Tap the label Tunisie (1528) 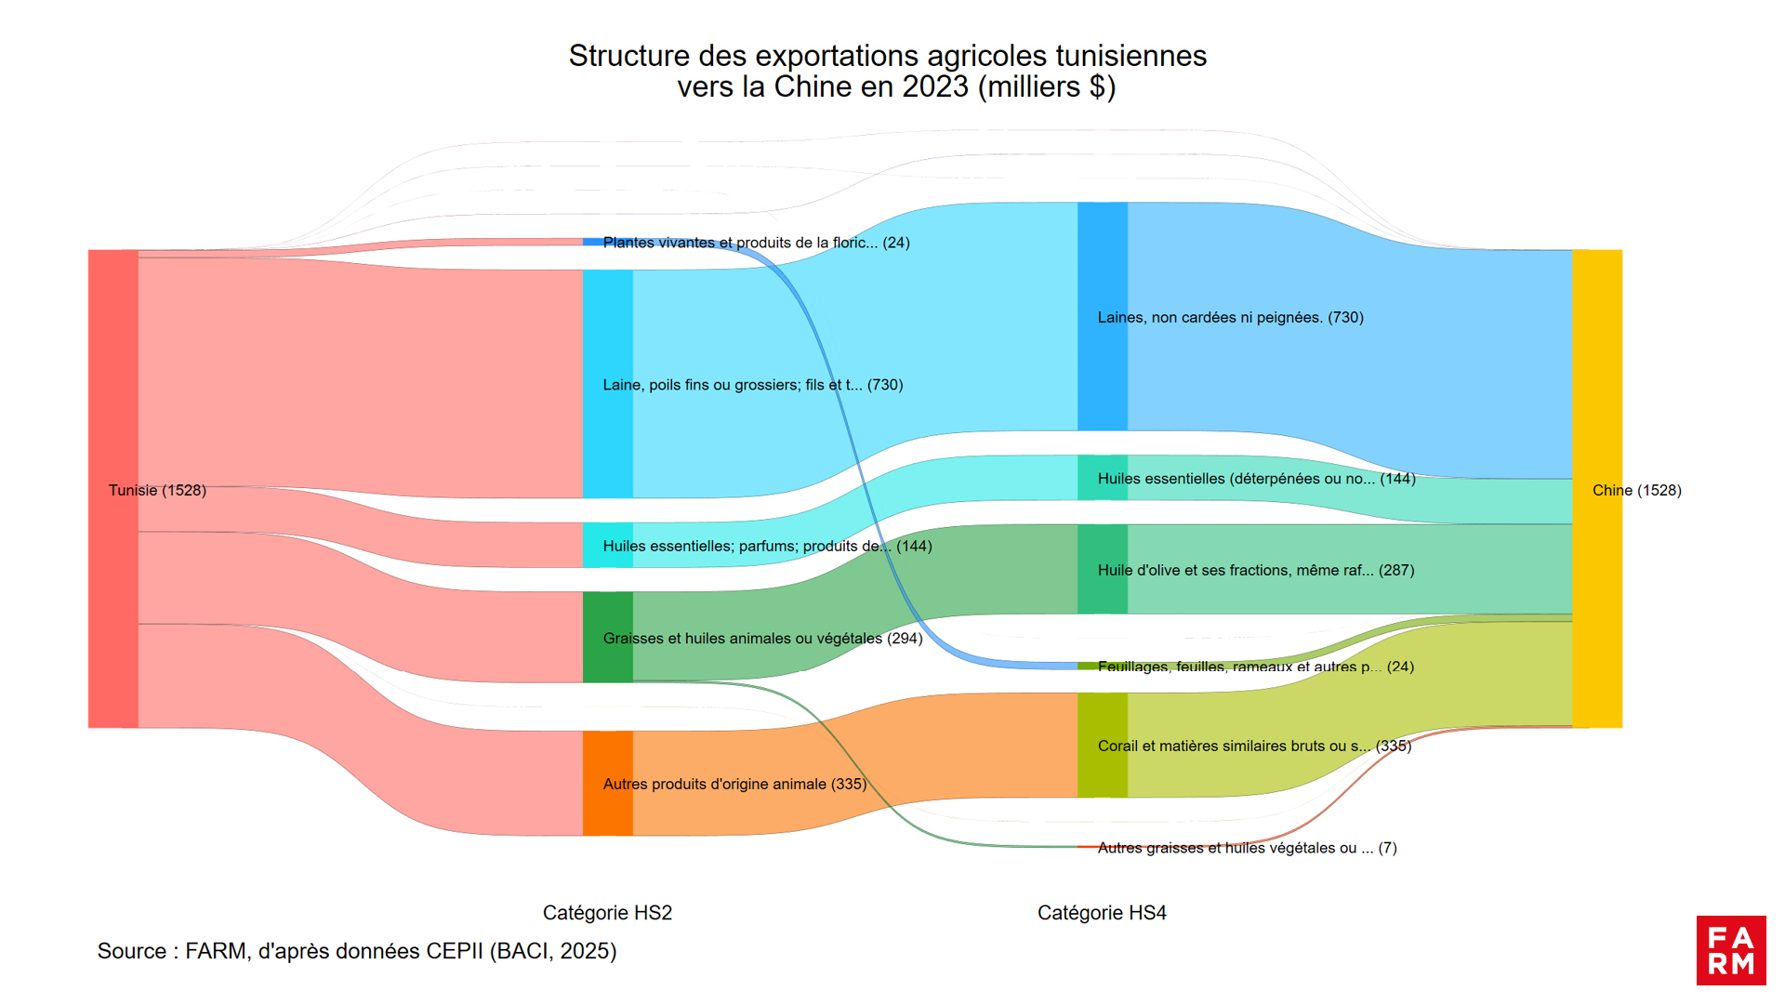pos(157,490)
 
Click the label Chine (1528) pos(1636,490)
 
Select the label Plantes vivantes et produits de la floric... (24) pos(756,243)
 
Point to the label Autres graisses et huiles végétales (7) pos(1247,848)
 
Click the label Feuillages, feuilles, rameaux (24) pos(1255,667)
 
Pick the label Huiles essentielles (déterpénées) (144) pos(1256,479)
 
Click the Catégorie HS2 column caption pos(607,913)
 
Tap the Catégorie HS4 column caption pos(1102,913)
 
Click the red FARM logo pos(1731,950)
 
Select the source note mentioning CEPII pos(357,951)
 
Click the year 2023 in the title pos(935,86)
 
